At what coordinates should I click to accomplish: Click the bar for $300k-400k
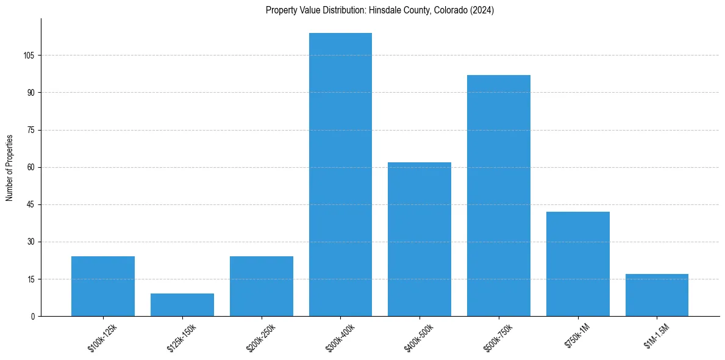pyautogui.click(x=340, y=175)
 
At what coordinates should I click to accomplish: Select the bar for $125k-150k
pyautogui.click(x=182, y=305)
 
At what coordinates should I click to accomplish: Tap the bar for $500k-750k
pyautogui.click(x=499, y=195)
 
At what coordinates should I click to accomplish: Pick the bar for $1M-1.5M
pyautogui.click(x=657, y=295)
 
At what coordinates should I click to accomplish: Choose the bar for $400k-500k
pyautogui.click(x=420, y=239)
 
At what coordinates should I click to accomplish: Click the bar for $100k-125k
pyautogui.click(x=103, y=286)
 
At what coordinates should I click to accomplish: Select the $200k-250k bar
pyautogui.click(x=262, y=286)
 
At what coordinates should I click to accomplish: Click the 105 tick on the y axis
pyautogui.click(x=29, y=56)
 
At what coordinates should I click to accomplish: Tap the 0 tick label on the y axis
pyautogui.click(x=33, y=316)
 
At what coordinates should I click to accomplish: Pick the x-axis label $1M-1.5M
pyautogui.click(x=657, y=337)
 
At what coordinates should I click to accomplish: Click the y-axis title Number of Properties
pyautogui.click(x=9, y=167)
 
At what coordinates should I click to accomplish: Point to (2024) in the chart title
pyautogui.click(x=481, y=10)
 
